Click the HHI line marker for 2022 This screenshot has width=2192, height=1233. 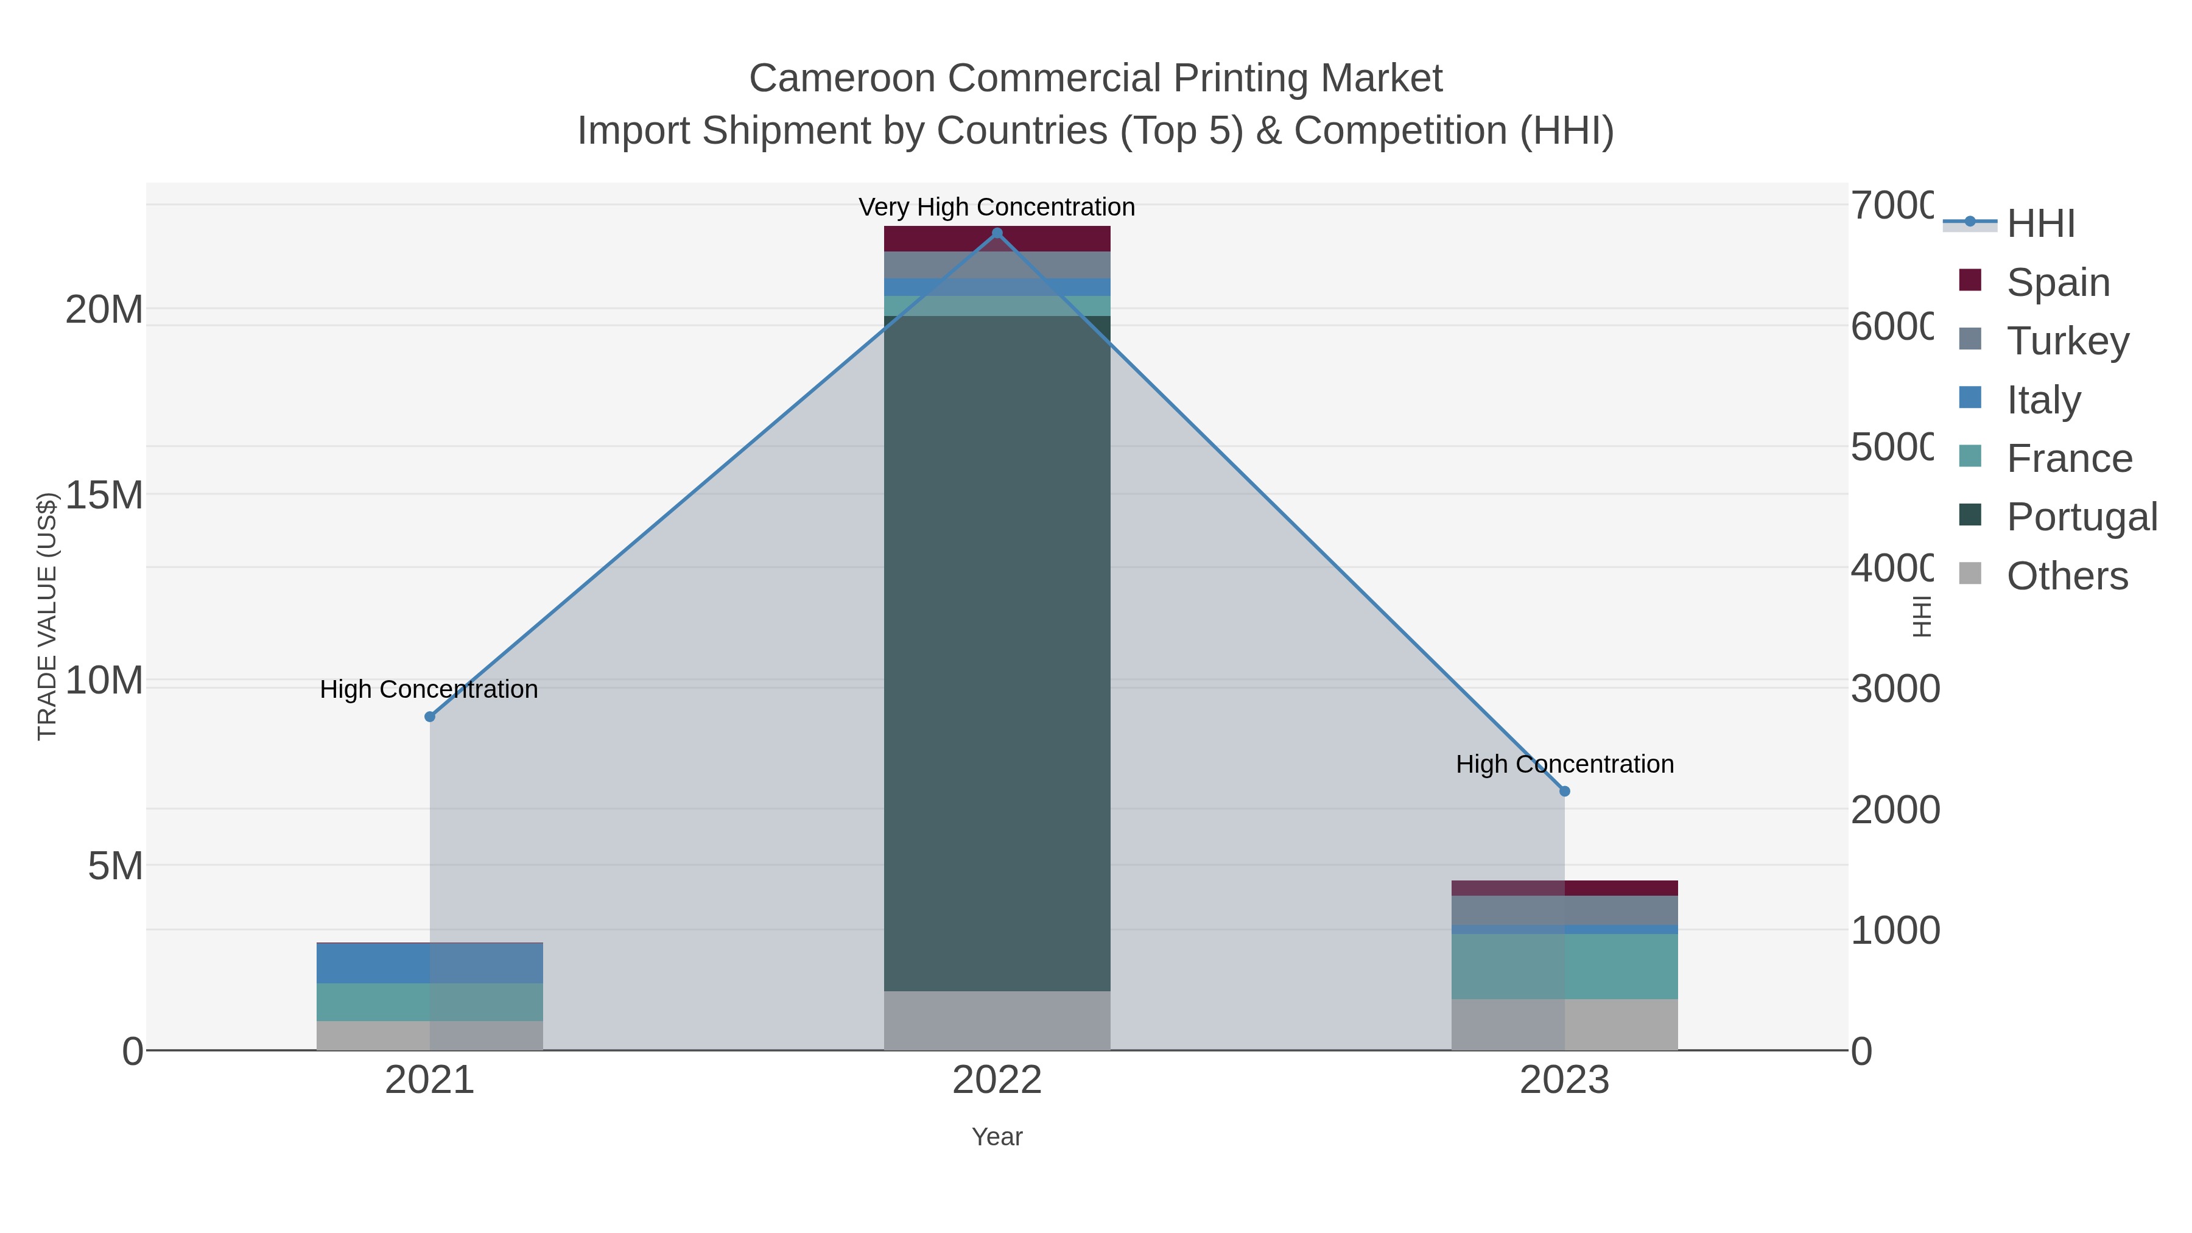pos(997,233)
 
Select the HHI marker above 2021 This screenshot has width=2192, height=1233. pos(430,717)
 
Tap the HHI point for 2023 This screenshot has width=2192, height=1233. pos(1564,792)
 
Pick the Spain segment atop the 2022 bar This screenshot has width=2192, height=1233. pos(997,239)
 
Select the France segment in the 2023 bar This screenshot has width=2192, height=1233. pos(1564,966)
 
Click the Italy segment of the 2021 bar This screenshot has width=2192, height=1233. pos(430,963)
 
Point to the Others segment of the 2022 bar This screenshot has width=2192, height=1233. pos(997,1020)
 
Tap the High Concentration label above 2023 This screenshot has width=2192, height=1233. pos(1564,764)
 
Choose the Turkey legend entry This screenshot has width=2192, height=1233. pos(2067,340)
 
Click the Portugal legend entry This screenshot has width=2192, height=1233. pos(2081,516)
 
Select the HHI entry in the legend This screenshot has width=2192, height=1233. pos(2040,224)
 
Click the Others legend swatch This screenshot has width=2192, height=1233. pos(1970,574)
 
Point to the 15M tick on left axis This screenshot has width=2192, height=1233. pos(104,495)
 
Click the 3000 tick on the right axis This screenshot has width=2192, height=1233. pos(1895,689)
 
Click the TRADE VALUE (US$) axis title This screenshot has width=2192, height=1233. pos(47,616)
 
